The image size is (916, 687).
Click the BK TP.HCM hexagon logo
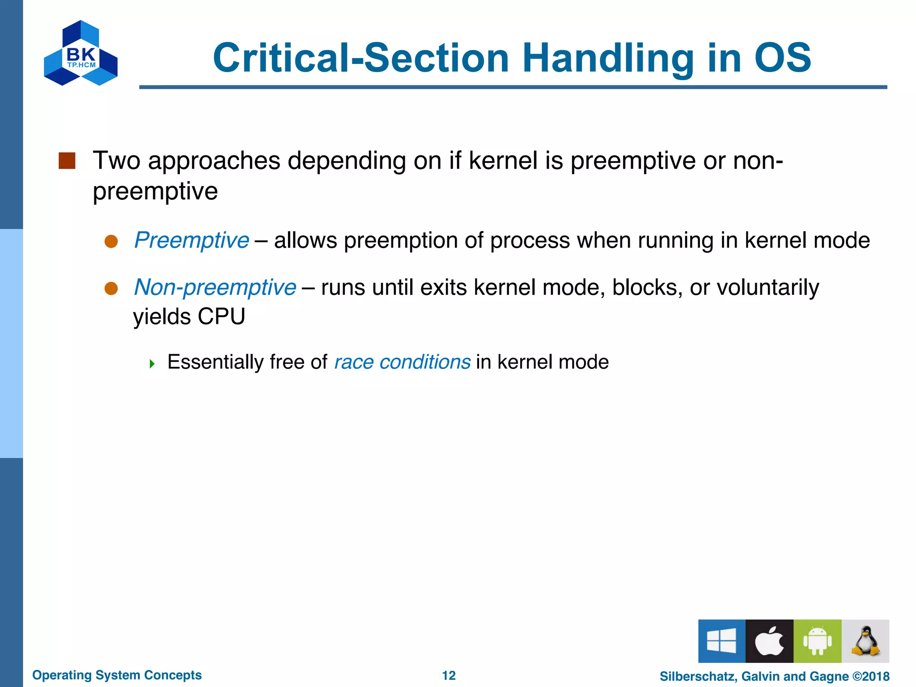(81, 53)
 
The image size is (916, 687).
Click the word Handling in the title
(608, 58)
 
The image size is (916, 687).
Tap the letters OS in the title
(782, 58)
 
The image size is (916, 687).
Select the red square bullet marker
(67, 161)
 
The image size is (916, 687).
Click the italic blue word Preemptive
(192, 240)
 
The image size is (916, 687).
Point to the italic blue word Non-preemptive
(215, 287)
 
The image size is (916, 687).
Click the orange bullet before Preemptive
(111, 242)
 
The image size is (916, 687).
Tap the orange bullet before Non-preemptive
(111, 288)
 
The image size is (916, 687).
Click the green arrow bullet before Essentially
(152, 364)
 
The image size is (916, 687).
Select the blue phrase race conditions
(402, 362)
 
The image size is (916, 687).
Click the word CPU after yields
(221, 317)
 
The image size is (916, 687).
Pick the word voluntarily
(768, 287)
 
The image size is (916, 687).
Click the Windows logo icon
(721, 641)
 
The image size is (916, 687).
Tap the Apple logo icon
(769, 641)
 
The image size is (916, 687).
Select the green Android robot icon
(817, 641)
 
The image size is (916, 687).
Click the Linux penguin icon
(865, 641)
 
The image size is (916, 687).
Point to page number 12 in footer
(449, 675)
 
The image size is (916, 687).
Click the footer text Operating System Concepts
(117, 675)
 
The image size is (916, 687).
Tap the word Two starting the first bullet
(116, 161)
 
